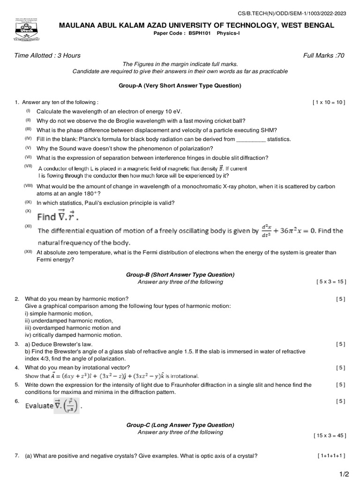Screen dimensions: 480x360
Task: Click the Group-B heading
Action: point(180,275)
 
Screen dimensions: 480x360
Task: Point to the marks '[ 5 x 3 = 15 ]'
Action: point(331,282)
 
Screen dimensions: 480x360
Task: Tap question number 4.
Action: point(16,367)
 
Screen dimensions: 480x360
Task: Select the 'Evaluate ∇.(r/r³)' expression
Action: point(52,405)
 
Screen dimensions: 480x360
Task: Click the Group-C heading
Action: point(180,425)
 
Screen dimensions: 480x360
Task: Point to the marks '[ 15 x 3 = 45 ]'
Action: point(330,435)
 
